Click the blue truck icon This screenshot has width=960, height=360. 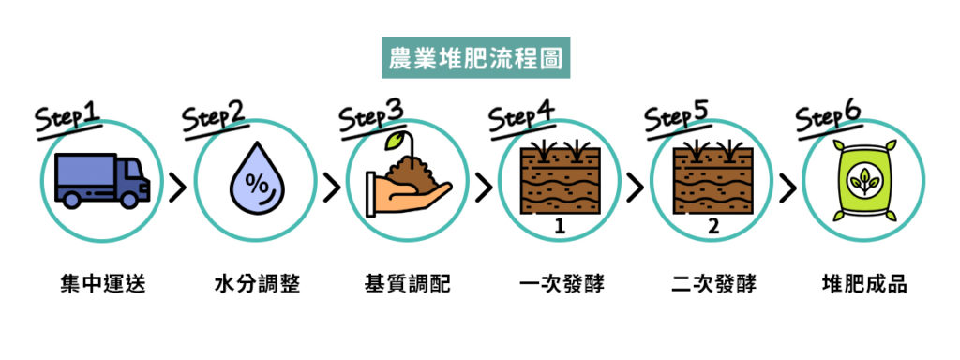coord(101,180)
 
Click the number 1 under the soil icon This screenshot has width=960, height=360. coord(560,227)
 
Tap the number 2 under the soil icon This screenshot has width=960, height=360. coord(712,227)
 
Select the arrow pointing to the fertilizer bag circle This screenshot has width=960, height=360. coord(787,187)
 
